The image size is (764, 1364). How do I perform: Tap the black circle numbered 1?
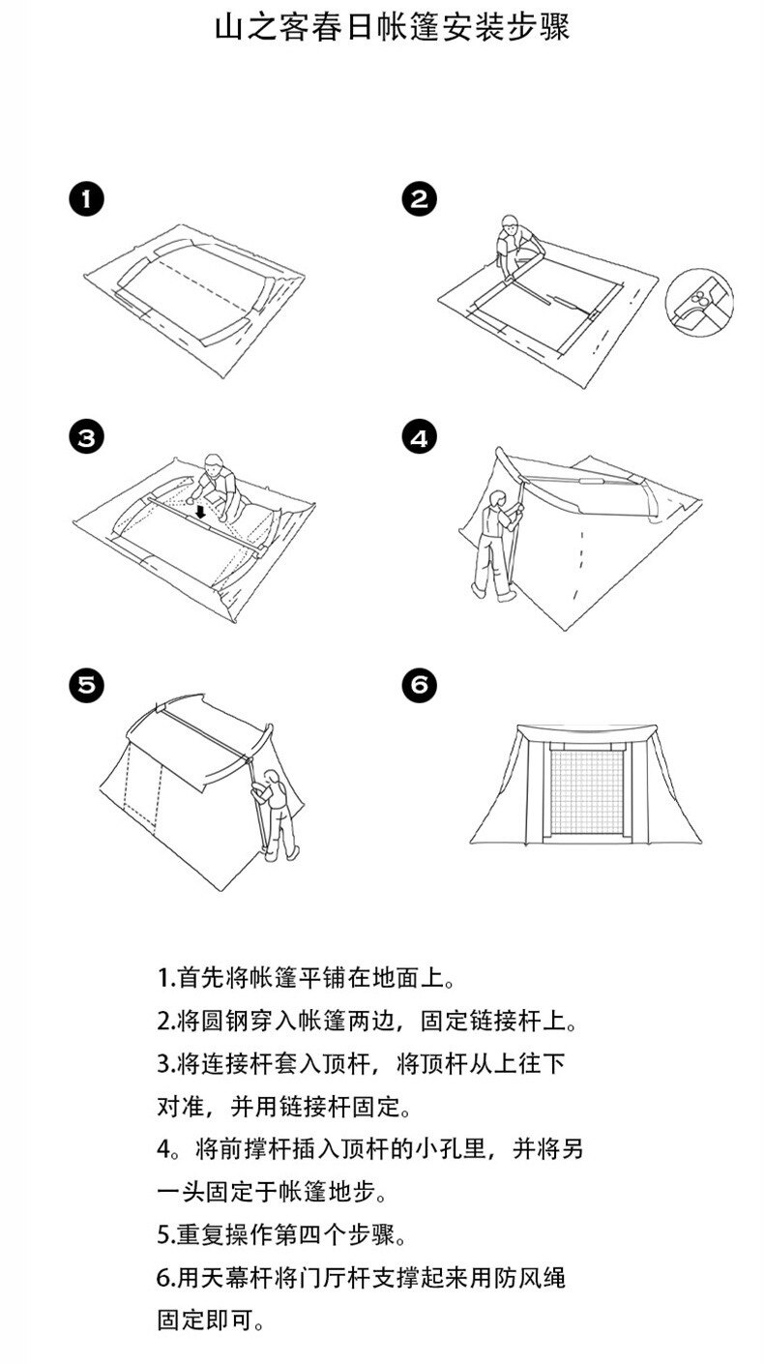point(87,200)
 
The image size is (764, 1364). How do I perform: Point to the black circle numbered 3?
point(87,437)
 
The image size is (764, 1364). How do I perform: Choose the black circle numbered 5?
point(87,685)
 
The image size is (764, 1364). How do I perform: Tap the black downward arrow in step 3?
point(201,509)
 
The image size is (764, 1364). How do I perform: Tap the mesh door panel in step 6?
point(586,789)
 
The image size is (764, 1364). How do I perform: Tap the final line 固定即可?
point(211,1320)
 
